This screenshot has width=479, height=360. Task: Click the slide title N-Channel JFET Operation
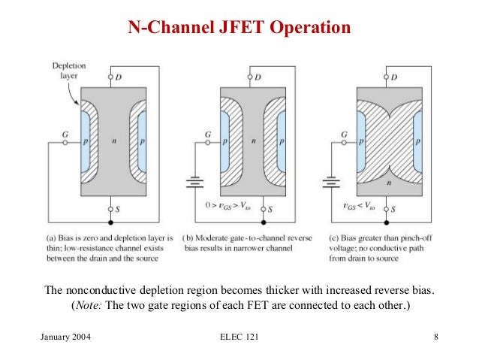(x=239, y=29)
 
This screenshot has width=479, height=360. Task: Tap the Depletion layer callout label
(x=68, y=71)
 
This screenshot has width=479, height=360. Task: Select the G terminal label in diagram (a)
(x=67, y=134)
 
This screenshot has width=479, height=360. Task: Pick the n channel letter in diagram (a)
(x=111, y=142)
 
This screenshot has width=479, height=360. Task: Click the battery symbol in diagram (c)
(x=328, y=181)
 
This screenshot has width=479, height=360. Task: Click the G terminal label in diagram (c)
(x=344, y=134)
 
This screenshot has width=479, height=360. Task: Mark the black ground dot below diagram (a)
(x=111, y=223)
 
